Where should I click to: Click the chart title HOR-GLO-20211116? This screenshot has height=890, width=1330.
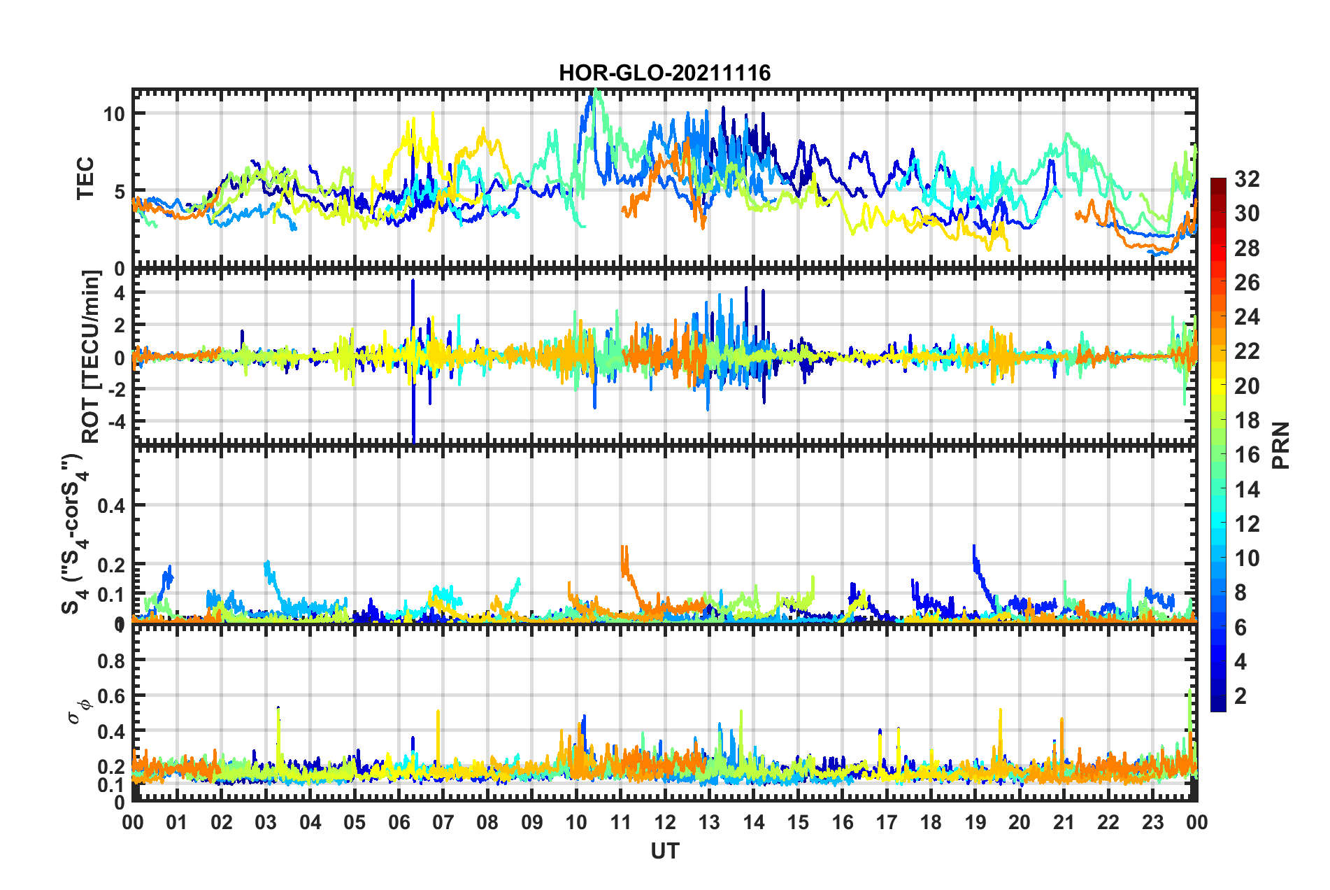point(664,73)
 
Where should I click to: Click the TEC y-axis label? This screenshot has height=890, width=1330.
point(85,178)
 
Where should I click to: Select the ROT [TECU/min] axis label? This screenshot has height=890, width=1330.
point(91,357)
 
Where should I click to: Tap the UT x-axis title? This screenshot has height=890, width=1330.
point(664,851)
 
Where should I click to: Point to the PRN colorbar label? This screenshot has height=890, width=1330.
point(1281,446)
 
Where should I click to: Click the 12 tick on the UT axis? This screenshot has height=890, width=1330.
point(665,822)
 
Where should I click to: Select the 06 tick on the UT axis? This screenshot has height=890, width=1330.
point(399,822)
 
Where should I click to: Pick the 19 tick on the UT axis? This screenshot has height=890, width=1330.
point(975,822)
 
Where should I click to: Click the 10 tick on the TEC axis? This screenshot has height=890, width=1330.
point(114,114)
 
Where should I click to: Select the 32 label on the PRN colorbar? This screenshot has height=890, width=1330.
point(1246,179)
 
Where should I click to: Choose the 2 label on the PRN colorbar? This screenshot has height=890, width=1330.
point(1240,695)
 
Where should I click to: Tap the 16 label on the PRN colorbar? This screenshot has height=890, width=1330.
point(1246,455)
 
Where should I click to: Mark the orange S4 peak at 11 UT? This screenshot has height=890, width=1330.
point(624,549)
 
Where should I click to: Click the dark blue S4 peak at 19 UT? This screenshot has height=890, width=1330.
point(975,548)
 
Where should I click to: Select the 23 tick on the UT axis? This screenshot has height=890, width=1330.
point(1152,822)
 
